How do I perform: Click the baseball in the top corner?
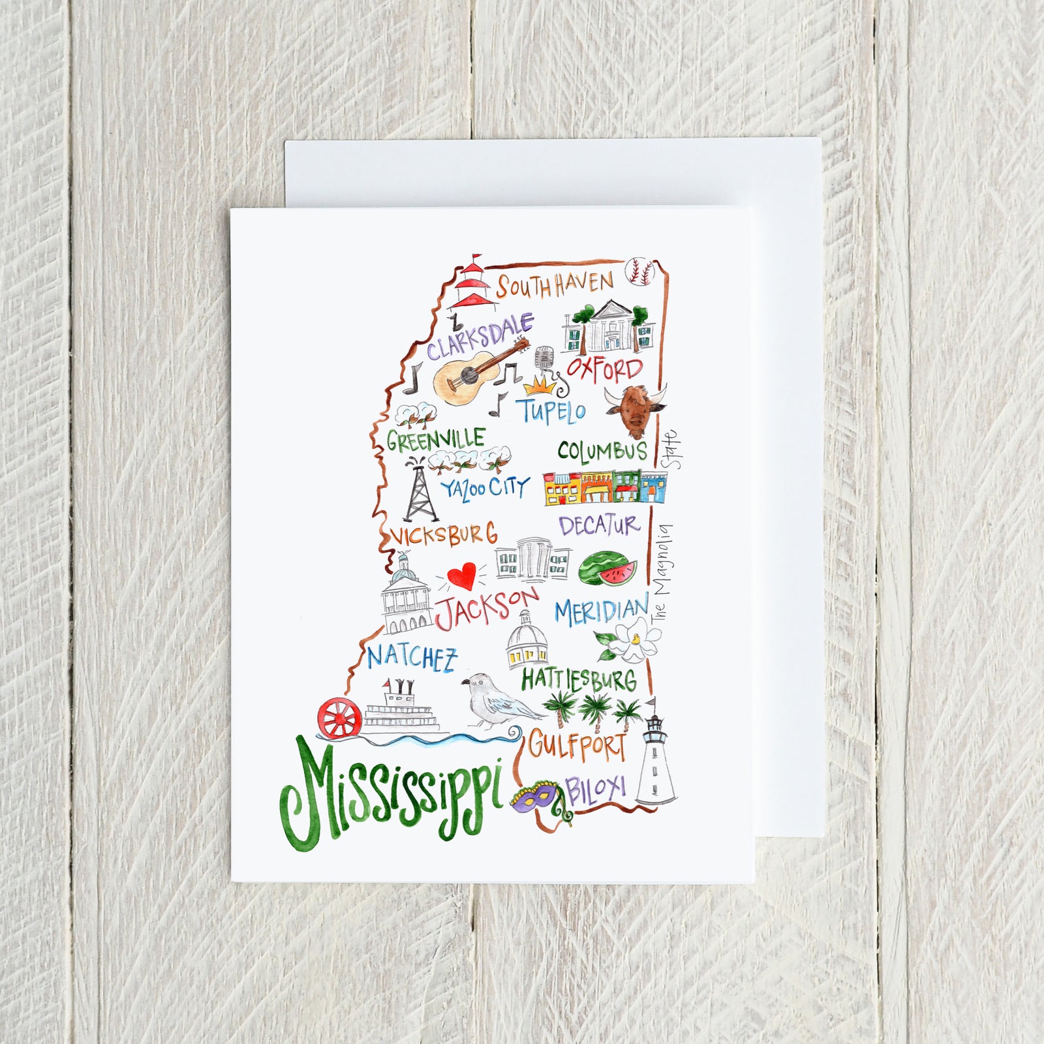coord(639,272)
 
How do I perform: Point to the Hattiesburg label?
coord(578,681)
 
